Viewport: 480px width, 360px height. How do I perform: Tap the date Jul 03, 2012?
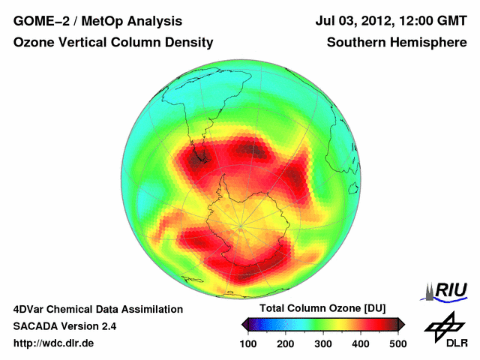pos(352,22)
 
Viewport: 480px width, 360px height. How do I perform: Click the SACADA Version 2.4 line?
pos(64,326)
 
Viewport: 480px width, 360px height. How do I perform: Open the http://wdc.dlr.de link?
pos(54,343)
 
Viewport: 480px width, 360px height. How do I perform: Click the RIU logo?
pos(447,290)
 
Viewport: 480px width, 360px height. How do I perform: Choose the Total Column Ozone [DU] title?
pos(323,309)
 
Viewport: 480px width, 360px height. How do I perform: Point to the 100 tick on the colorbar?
pos(248,343)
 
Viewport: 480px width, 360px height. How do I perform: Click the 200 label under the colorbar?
pos(286,343)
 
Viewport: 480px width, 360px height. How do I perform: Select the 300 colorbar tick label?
pos(323,343)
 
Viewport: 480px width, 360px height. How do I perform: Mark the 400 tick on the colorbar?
pos(361,343)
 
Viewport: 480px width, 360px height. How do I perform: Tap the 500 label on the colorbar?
pos(397,343)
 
